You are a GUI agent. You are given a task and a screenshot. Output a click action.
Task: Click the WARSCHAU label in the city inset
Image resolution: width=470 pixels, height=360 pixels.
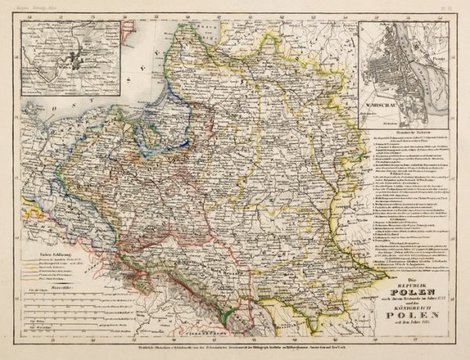pos(381,102)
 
